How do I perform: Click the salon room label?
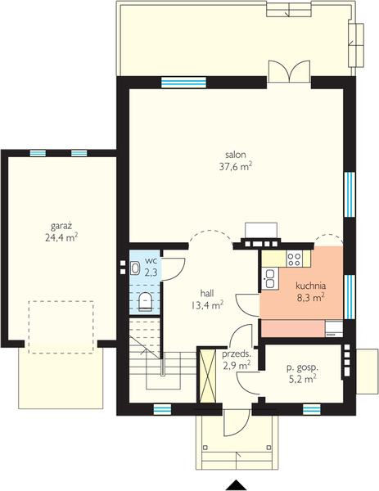236,155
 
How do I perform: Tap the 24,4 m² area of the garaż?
61,236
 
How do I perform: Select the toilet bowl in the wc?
145,301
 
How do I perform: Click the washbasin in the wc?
135,268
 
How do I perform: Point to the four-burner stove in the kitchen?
295,259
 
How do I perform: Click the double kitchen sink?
269,279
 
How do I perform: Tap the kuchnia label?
311,286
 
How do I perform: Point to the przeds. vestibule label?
237,354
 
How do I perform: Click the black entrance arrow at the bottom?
237,485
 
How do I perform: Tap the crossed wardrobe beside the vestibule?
208,375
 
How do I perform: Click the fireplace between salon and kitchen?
261,236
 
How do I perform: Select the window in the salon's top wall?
183,83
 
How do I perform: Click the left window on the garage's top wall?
38,153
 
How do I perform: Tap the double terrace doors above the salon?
290,71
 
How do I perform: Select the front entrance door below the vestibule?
237,422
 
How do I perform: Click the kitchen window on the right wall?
350,297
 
